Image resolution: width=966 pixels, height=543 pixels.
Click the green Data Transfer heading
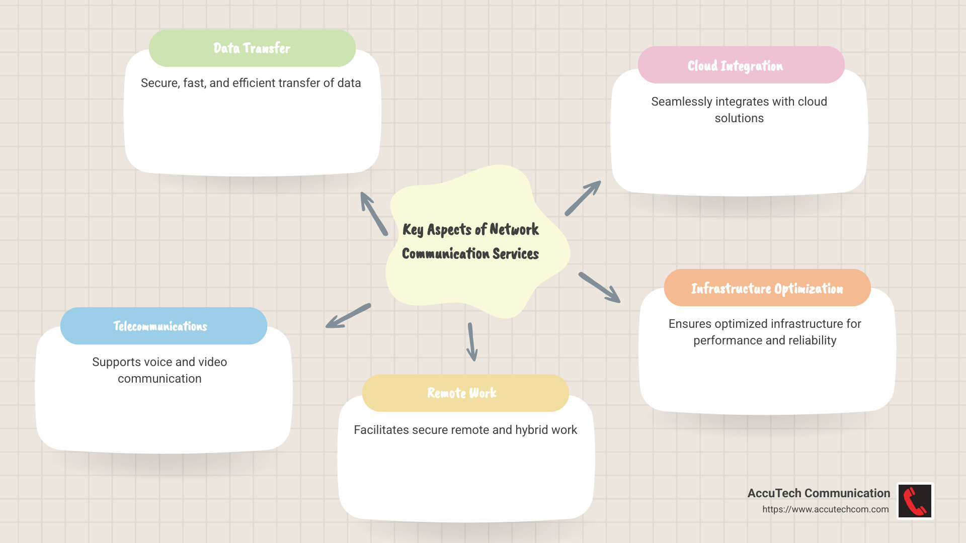[x=252, y=48]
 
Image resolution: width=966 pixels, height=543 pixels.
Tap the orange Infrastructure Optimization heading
[x=767, y=289]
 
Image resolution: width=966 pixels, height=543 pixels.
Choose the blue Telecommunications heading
[x=160, y=326]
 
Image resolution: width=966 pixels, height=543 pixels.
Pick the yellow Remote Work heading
[x=461, y=393]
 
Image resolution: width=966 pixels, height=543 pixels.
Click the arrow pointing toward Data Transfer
[x=373, y=214]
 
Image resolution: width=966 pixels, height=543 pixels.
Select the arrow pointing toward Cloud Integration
[x=583, y=198]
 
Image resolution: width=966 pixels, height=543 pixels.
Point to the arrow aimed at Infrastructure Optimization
[x=599, y=288]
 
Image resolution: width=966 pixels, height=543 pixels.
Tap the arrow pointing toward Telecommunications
[x=348, y=316]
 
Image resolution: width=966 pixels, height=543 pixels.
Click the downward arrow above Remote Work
[x=471, y=342]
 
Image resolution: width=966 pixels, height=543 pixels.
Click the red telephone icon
[x=915, y=501]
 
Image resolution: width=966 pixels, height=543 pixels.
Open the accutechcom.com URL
[x=825, y=509]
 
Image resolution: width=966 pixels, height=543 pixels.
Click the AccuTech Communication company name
[x=819, y=493]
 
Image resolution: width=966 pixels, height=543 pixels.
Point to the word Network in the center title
[x=514, y=230]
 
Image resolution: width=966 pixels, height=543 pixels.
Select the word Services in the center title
[x=516, y=254]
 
